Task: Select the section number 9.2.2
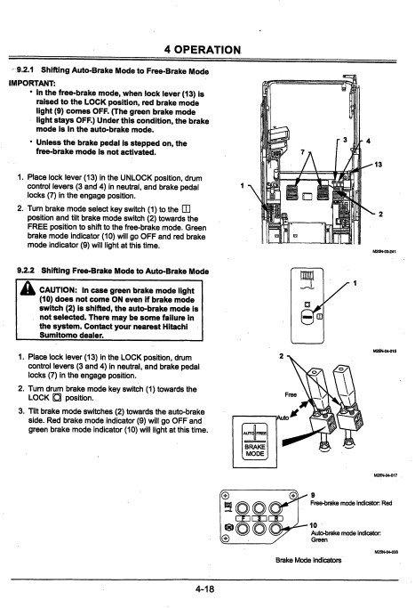coord(32,270)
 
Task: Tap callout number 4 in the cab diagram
coord(368,141)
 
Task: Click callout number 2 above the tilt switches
coord(283,356)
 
